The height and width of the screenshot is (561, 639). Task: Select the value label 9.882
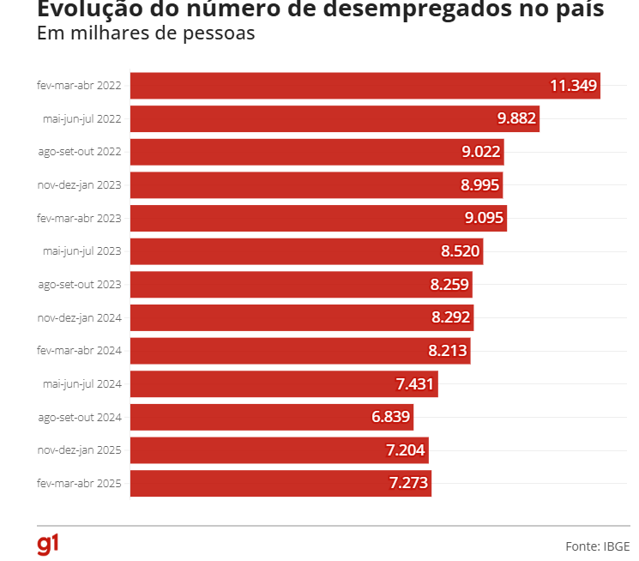(x=516, y=119)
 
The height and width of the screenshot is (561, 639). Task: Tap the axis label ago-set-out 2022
(x=80, y=152)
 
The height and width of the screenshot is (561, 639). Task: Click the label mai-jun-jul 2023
(x=81, y=251)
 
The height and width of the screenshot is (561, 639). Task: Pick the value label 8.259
(x=449, y=284)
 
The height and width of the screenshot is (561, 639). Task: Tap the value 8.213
(x=448, y=350)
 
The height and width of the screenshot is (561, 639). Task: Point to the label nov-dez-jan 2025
(x=80, y=449)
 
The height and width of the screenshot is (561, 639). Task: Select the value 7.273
(x=408, y=483)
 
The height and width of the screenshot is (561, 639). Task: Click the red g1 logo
(x=48, y=544)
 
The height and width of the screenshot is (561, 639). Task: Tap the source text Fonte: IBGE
(x=597, y=546)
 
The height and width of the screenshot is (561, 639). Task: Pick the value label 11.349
(x=573, y=86)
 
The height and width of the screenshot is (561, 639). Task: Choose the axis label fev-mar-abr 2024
(x=80, y=351)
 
